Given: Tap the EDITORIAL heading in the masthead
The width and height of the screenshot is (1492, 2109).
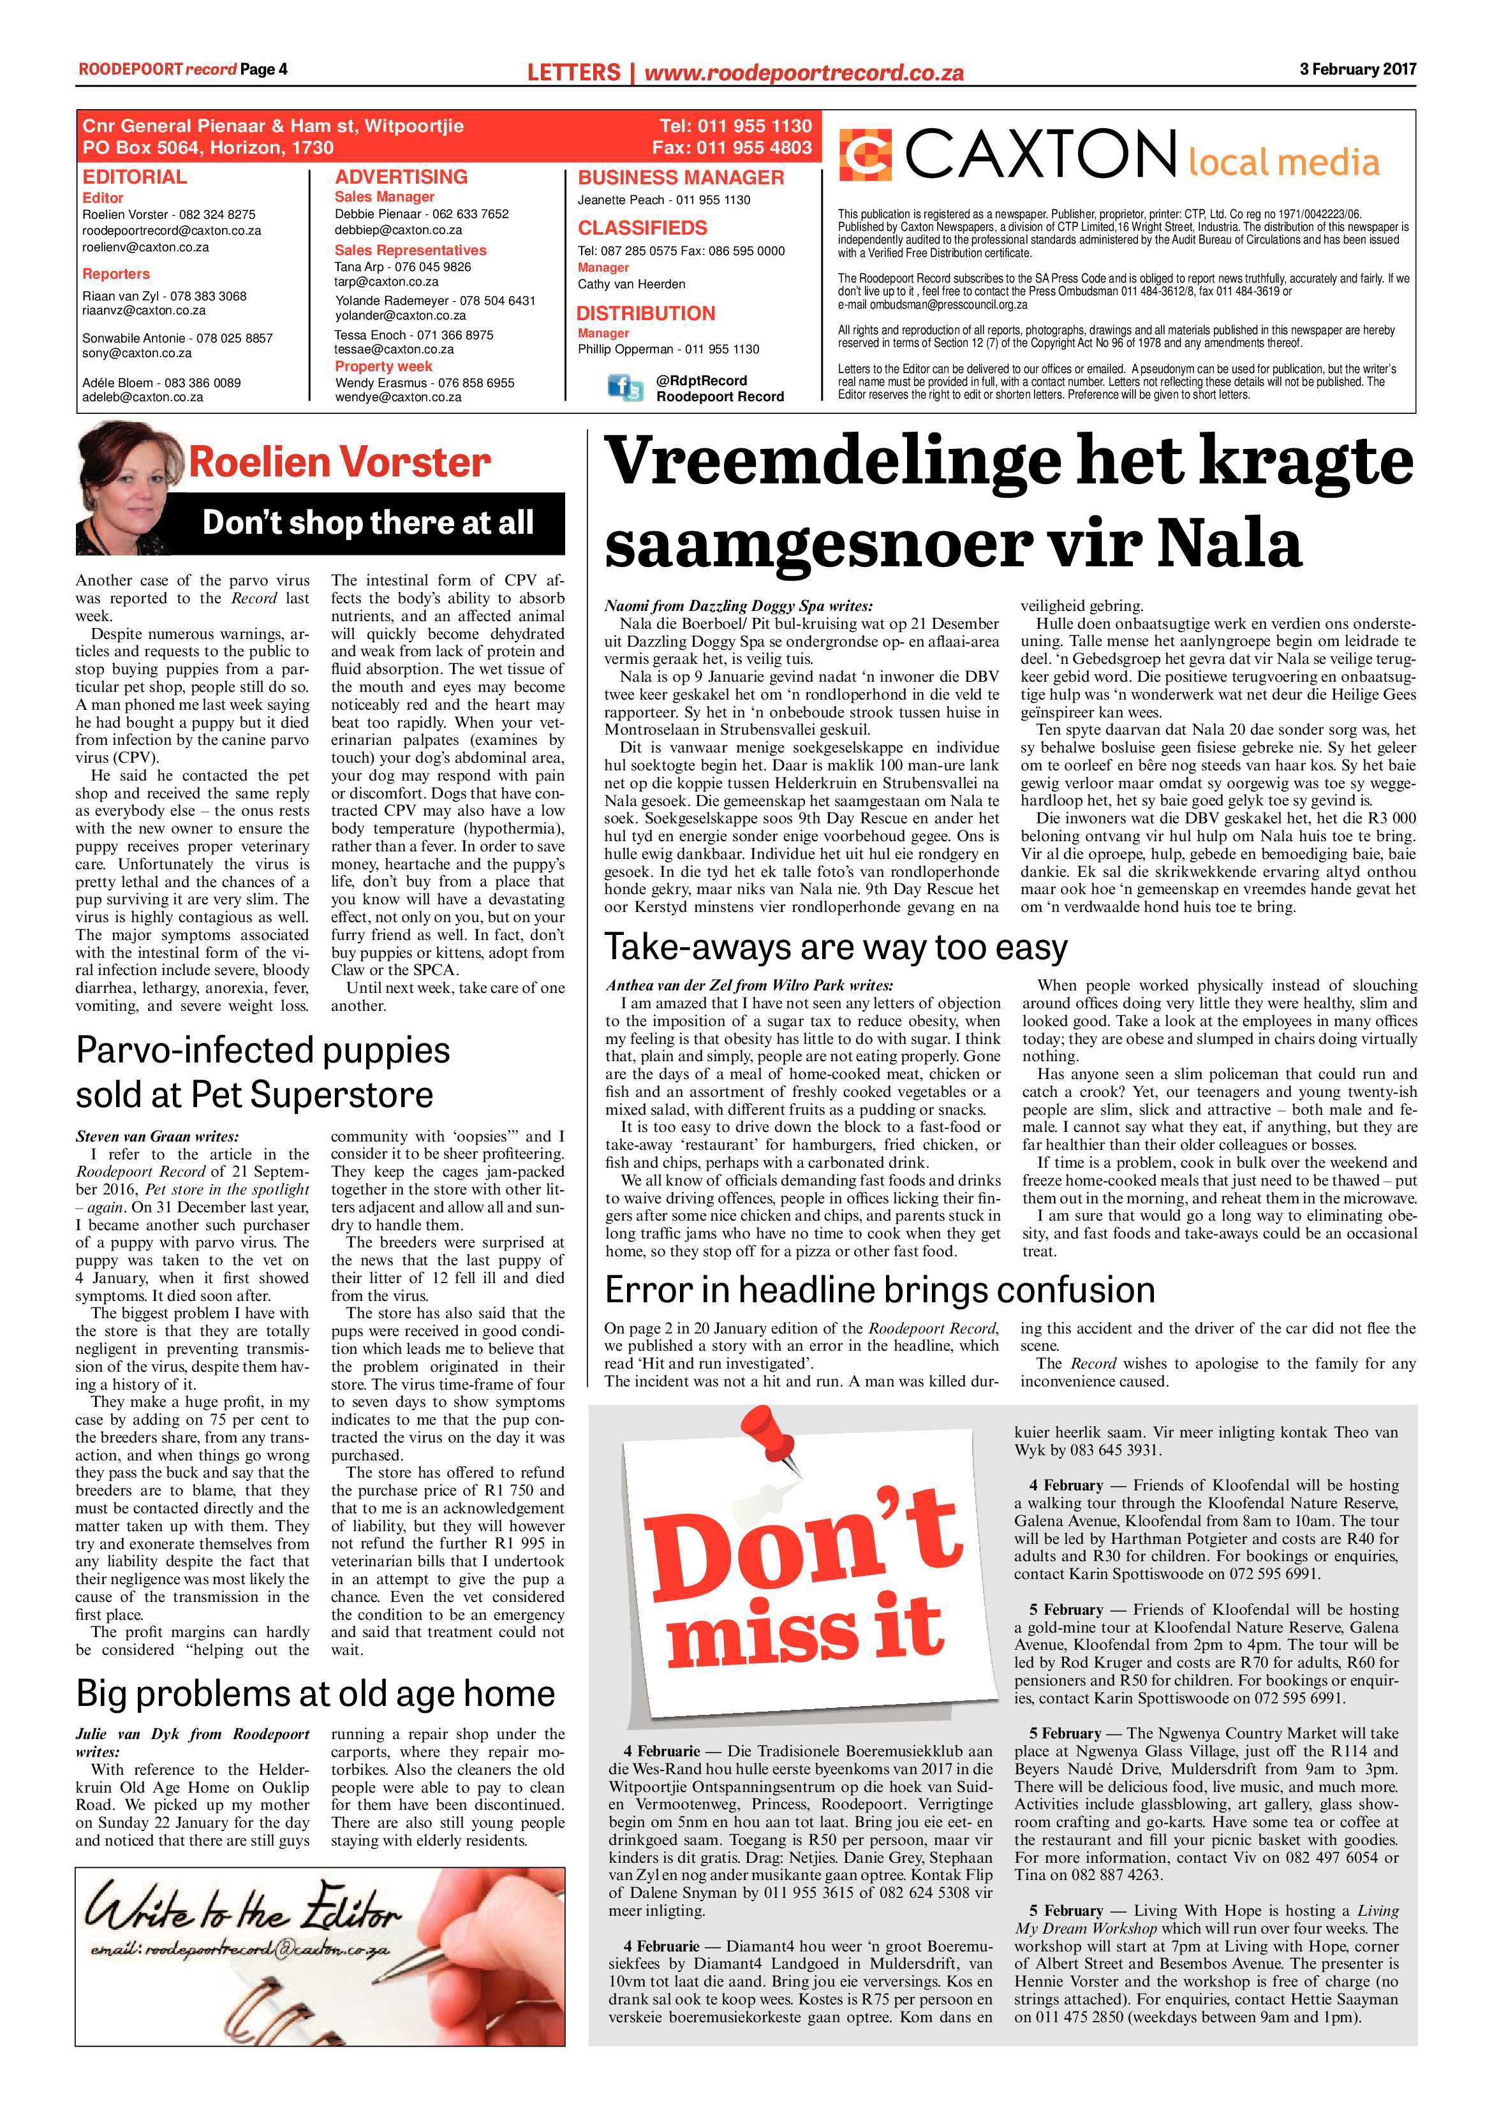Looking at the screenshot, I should click(134, 177).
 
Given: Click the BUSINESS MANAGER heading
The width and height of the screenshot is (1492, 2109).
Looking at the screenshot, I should click(680, 177).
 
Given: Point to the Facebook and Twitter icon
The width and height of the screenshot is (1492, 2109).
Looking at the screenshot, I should click(624, 388).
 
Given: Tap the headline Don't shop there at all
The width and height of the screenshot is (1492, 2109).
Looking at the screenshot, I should click(367, 523).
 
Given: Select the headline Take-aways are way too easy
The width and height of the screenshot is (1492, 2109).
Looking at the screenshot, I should click(836, 946).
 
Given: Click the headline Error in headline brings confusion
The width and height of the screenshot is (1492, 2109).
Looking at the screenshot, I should click(879, 1290).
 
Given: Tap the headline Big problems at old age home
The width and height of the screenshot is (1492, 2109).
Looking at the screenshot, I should click(315, 1693).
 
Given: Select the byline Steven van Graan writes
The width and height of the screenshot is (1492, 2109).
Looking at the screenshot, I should click(157, 1136).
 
